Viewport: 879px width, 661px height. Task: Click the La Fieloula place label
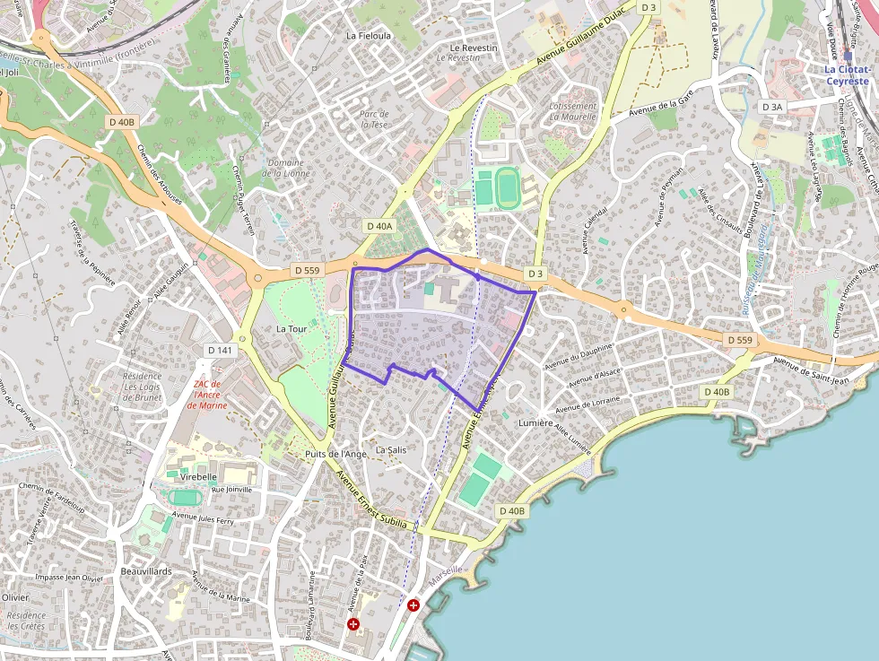pyautogui.click(x=369, y=36)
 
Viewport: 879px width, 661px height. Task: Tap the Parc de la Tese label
pyautogui.click(x=374, y=119)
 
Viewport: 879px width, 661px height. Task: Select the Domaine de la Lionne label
pyautogui.click(x=285, y=168)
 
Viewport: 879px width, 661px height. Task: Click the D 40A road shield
pyautogui.click(x=379, y=227)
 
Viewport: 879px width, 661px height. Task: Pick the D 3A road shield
pyautogui.click(x=771, y=107)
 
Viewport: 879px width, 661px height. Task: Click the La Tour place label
pyautogui.click(x=292, y=329)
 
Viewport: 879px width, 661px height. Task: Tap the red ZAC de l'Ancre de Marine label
pyautogui.click(x=207, y=395)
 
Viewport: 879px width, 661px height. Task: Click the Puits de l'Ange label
pyautogui.click(x=335, y=454)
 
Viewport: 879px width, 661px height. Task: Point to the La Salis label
pyautogui.click(x=392, y=449)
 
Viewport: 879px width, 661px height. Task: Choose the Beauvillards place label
pyautogui.click(x=145, y=570)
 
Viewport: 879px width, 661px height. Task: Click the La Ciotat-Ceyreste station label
pyautogui.click(x=847, y=74)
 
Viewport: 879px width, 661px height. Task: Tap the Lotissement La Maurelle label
pyautogui.click(x=572, y=111)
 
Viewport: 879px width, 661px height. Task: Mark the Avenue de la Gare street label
pyautogui.click(x=664, y=106)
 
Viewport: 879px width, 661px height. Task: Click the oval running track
pyautogui.click(x=508, y=187)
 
